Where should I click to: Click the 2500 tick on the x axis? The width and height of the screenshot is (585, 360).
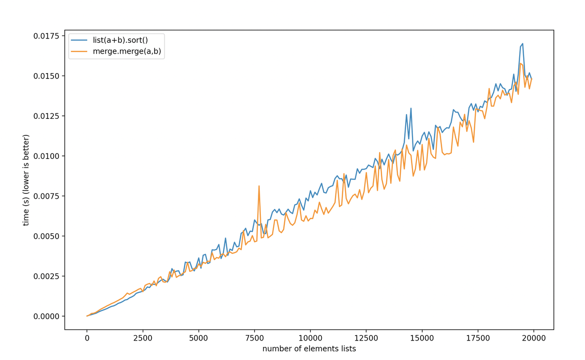coord(143,338)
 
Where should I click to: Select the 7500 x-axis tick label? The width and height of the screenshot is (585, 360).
coord(254,338)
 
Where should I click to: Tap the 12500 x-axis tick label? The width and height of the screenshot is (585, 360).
coord(366,338)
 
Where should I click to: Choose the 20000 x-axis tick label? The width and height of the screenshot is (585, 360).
coord(533,338)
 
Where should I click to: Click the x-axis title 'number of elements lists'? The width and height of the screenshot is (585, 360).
coord(309,349)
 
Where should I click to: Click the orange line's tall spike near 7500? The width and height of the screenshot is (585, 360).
coord(259,186)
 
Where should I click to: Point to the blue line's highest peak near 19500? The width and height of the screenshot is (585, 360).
coord(523,44)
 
